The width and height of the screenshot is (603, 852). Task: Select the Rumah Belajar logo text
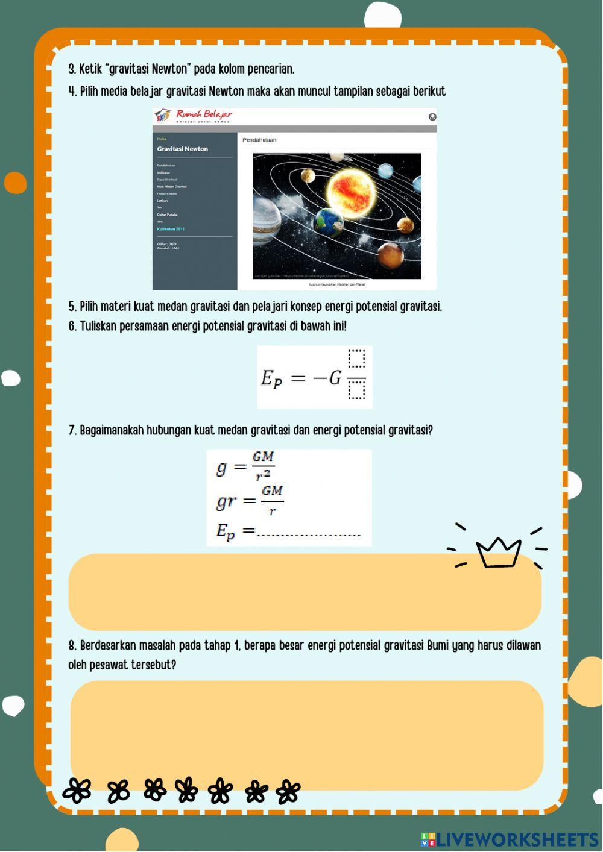pos(203,114)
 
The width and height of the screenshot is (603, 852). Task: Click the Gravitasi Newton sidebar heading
pos(182,149)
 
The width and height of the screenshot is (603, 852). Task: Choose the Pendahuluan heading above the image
pos(259,140)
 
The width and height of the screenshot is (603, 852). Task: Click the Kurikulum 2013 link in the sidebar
pos(171,229)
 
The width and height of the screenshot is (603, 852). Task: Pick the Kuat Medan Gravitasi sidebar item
pos(171,187)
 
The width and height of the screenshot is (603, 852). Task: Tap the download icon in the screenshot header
pos(432,117)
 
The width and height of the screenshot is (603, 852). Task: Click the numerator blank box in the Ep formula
pos(356,359)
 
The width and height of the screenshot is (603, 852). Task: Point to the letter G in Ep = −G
pos(335,378)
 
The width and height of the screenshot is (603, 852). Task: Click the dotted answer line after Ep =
pos(308,533)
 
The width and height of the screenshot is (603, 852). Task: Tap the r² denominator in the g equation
pos(262,476)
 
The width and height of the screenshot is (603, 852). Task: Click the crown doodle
pos(498,551)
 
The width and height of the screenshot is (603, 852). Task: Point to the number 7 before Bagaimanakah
pos(71,430)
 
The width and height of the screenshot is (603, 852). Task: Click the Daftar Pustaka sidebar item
pos(167,215)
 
